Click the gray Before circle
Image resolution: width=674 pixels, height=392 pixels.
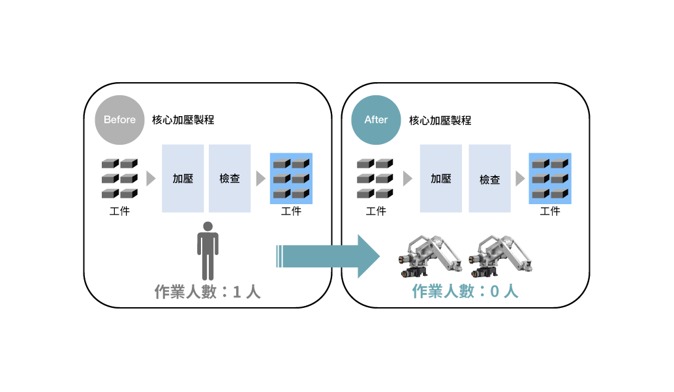(119, 120)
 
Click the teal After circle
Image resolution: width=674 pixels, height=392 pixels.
(376, 120)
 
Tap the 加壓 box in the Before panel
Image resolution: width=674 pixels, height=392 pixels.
(183, 178)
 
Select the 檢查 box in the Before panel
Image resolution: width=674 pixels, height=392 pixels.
(230, 178)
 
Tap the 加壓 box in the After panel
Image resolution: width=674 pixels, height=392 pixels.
(441, 178)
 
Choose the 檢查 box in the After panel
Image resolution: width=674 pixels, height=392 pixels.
(489, 178)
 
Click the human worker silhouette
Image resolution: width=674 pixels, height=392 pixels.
(208, 251)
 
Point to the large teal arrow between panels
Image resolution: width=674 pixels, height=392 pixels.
(328, 256)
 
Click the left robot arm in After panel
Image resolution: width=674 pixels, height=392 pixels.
(430, 256)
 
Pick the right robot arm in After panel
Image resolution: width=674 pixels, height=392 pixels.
(500, 256)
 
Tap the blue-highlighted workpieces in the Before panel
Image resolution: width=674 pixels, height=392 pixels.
(291, 178)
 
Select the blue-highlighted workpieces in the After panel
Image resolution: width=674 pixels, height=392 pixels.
(550, 178)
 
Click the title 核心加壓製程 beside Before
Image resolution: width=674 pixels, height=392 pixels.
(183, 120)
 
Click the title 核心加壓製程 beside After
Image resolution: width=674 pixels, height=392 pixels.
(440, 121)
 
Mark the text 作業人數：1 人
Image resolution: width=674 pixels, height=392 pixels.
(207, 292)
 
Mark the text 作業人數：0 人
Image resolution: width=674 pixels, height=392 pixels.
(465, 291)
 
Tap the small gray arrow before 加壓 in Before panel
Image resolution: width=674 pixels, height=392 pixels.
(151, 178)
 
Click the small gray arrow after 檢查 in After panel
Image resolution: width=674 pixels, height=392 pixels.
(520, 178)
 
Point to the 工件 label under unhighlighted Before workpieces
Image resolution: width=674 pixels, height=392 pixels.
(119, 211)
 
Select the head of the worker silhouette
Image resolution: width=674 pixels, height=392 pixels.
(208, 226)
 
